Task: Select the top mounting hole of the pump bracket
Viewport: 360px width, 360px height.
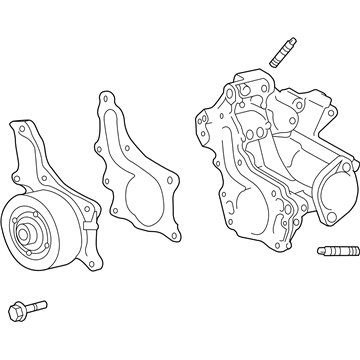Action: pos(21,128)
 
